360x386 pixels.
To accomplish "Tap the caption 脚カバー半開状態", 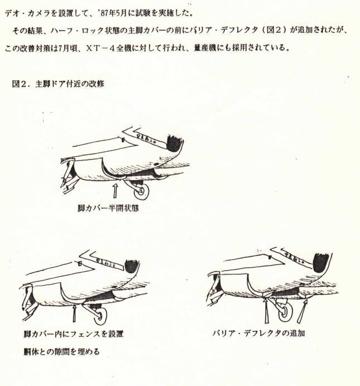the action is click(111, 210).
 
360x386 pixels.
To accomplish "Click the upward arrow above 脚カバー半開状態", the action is click(115, 191).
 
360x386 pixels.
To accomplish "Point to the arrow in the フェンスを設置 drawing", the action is click(75, 311).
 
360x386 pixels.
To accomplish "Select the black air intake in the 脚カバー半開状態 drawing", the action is click(174, 143).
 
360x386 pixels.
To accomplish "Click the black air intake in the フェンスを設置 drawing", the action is click(132, 268).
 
